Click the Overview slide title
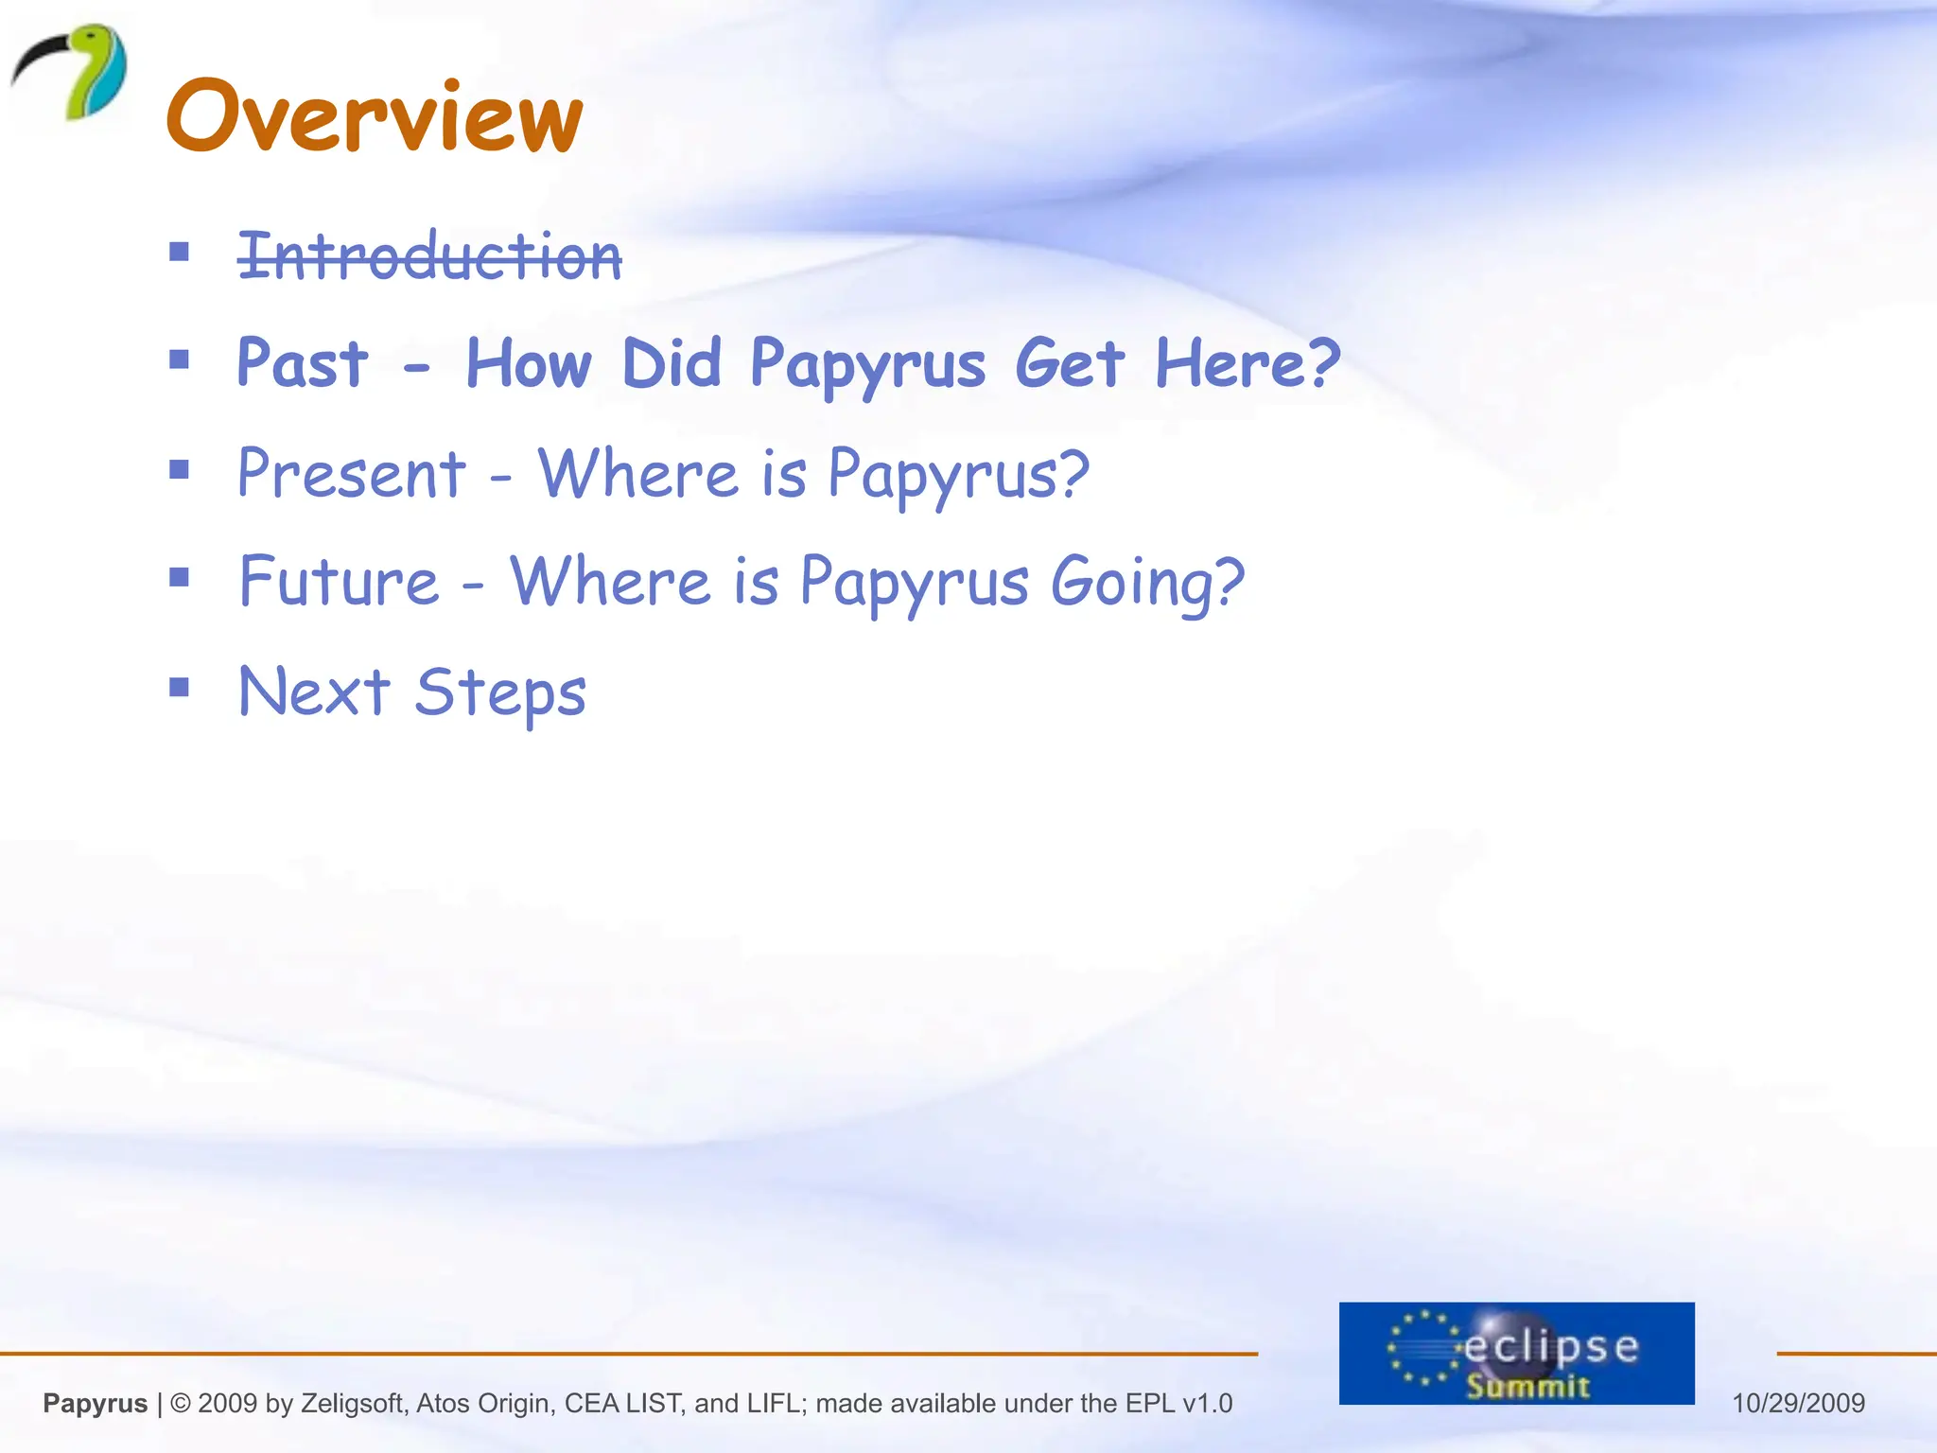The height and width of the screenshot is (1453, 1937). (374, 115)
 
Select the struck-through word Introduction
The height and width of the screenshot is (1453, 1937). (429, 255)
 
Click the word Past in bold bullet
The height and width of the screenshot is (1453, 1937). (302, 363)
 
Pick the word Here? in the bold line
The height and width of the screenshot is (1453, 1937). (1247, 363)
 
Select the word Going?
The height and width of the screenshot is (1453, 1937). (1146, 583)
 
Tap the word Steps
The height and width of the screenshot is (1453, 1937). (500, 692)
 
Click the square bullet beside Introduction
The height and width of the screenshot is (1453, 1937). (179, 252)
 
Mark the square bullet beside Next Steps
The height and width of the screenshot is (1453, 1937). (179, 687)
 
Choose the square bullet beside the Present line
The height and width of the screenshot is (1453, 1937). (179, 469)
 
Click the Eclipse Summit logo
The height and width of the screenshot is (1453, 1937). (1515, 1353)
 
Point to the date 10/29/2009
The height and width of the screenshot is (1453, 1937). (1798, 1403)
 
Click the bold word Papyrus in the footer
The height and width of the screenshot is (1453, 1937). (95, 1403)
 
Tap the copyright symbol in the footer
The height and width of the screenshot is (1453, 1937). (181, 1403)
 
